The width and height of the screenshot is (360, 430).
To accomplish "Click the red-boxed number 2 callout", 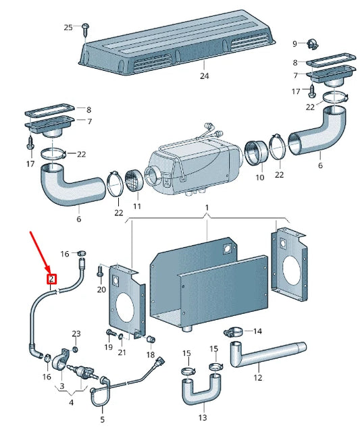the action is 51,279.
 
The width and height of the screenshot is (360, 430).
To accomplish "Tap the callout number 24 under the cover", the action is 204,76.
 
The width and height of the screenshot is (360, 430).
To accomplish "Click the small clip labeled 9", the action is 312,44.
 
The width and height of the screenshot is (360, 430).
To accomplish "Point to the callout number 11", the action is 137,207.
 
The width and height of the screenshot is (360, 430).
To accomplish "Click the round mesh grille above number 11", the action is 134,180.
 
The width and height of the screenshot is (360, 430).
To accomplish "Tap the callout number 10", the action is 259,178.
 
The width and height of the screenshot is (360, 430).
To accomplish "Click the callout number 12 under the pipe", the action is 257,377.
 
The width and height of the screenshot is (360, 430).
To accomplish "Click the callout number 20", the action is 101,290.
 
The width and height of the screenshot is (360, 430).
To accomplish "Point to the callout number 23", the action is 76,333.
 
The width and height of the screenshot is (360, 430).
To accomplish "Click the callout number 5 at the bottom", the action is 103,419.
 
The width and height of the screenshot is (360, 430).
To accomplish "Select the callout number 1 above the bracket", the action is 207,208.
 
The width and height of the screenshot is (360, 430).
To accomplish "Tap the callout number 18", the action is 151,355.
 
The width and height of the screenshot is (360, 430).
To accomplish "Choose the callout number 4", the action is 71,402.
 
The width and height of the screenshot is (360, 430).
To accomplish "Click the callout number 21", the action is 122,352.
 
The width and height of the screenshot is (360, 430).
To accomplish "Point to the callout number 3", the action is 62,386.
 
